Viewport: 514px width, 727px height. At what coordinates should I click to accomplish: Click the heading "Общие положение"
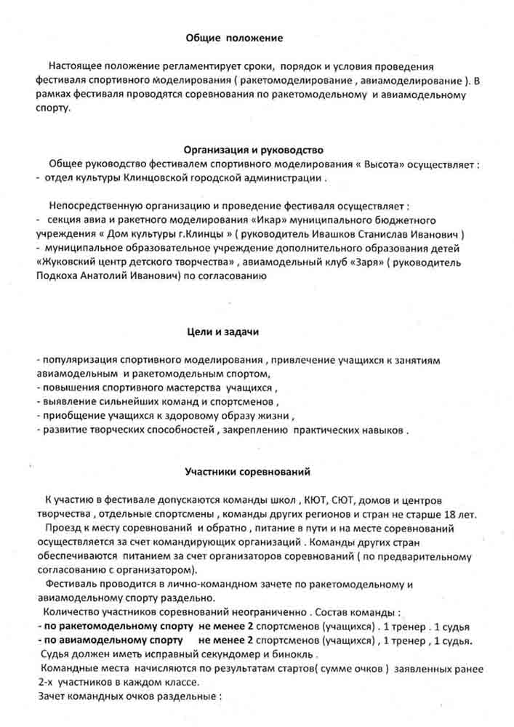(x=233, y=37)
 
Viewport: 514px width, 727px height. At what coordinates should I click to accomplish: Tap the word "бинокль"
(x=241, y=654)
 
